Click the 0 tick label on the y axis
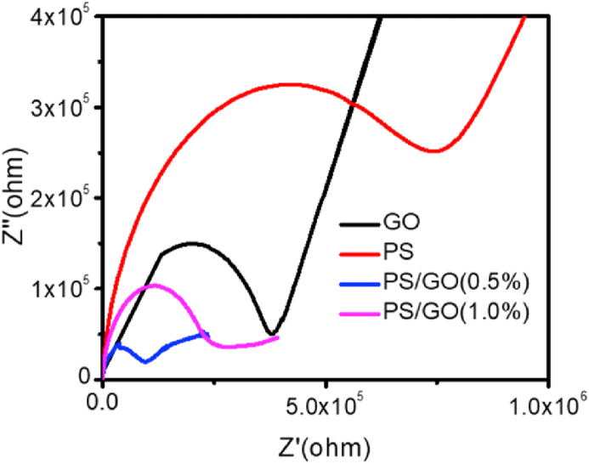pos(83,376)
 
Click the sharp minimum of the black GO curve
pos(271,334)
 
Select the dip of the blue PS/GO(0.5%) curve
pos(146,362)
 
